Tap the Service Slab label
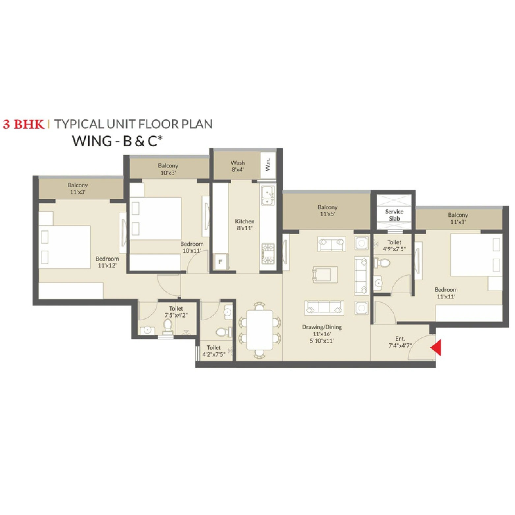pos(394,215)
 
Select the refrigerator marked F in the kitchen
pos(220,262)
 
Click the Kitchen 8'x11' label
pos(244,224)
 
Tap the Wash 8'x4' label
pos(238,166)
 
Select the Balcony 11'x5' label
pos(327,210)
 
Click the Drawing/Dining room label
pos(322,333)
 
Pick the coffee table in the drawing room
pos(325,274)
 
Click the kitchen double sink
pos(268,195)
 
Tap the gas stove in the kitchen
pos(268,253)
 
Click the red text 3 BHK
pos(23,124)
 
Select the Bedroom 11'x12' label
pos(107,262)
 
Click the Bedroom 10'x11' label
pos(192,247)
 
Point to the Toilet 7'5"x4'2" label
pos(176,311)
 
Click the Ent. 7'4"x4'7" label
pos(400,342)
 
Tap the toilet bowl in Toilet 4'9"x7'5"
pos(382,263)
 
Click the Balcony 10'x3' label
pos(168,169)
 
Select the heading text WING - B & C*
pos(117,141)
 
